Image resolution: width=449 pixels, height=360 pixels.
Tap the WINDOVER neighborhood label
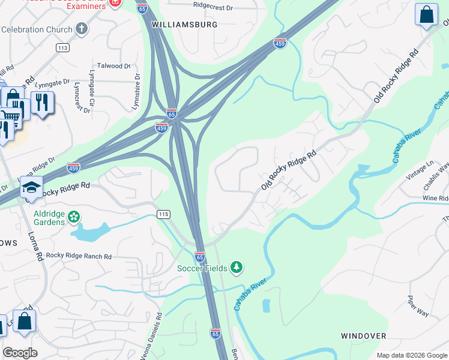point(364,336)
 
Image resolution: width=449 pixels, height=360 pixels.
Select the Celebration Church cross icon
point(82,29)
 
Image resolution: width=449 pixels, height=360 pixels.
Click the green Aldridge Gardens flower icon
point(74,215)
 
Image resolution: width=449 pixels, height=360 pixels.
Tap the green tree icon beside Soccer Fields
point(237,267)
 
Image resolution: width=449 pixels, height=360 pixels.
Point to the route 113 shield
point(62,47)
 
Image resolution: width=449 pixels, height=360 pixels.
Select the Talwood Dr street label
point(113,66)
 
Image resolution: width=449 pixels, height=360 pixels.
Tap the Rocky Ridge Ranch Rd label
point(79,256)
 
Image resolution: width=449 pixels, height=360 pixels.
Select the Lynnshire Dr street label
point(137,92)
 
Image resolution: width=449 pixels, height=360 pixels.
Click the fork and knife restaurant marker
point(41,102)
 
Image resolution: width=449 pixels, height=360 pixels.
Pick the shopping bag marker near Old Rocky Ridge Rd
point(427,14)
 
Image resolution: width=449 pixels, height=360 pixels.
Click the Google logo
point(20,353)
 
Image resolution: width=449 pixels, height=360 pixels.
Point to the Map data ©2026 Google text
point(411,355)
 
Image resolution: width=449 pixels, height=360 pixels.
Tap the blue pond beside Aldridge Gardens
point(90,232)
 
